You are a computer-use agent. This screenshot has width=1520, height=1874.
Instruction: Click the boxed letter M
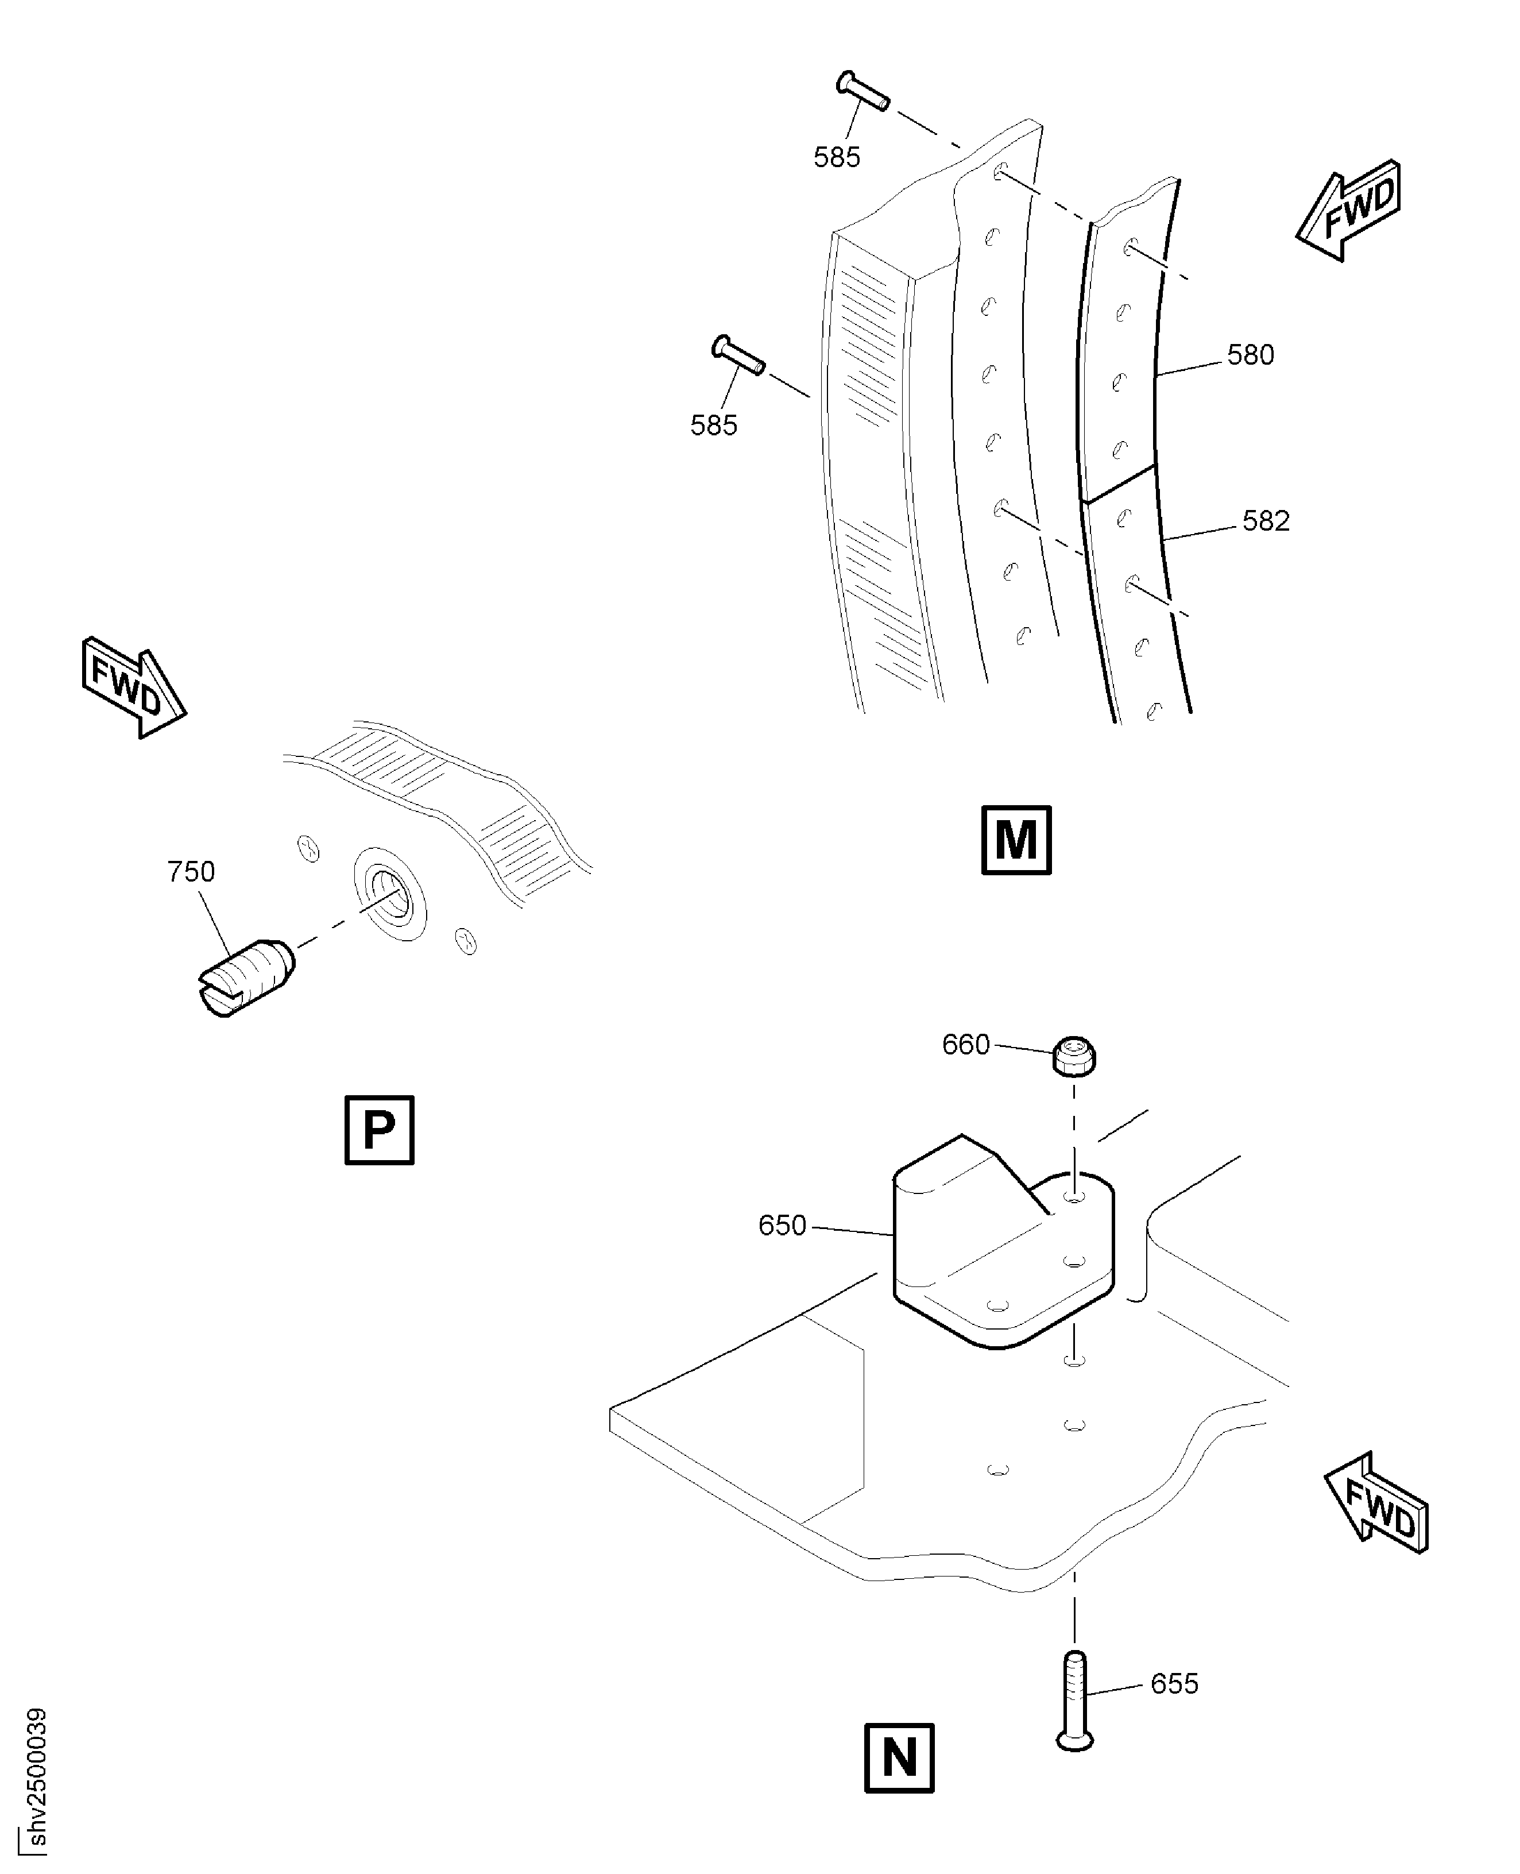point(1016,840)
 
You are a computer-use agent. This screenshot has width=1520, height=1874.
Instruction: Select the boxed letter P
point(379,1130)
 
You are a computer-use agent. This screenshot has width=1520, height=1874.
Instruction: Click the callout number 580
point(1250,355)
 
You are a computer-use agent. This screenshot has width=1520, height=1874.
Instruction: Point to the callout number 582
point(1266,521)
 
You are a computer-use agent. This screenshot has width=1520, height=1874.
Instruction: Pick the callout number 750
point(191,871)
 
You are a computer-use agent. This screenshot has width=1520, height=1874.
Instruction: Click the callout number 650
point(782,1225)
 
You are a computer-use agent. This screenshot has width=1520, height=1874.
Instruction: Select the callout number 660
point(966,1045)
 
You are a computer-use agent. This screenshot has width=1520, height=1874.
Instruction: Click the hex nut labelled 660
point(1073,1056)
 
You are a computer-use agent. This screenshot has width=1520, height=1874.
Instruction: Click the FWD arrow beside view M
point(1348,210)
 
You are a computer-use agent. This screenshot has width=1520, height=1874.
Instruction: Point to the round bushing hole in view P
point(390,893)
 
